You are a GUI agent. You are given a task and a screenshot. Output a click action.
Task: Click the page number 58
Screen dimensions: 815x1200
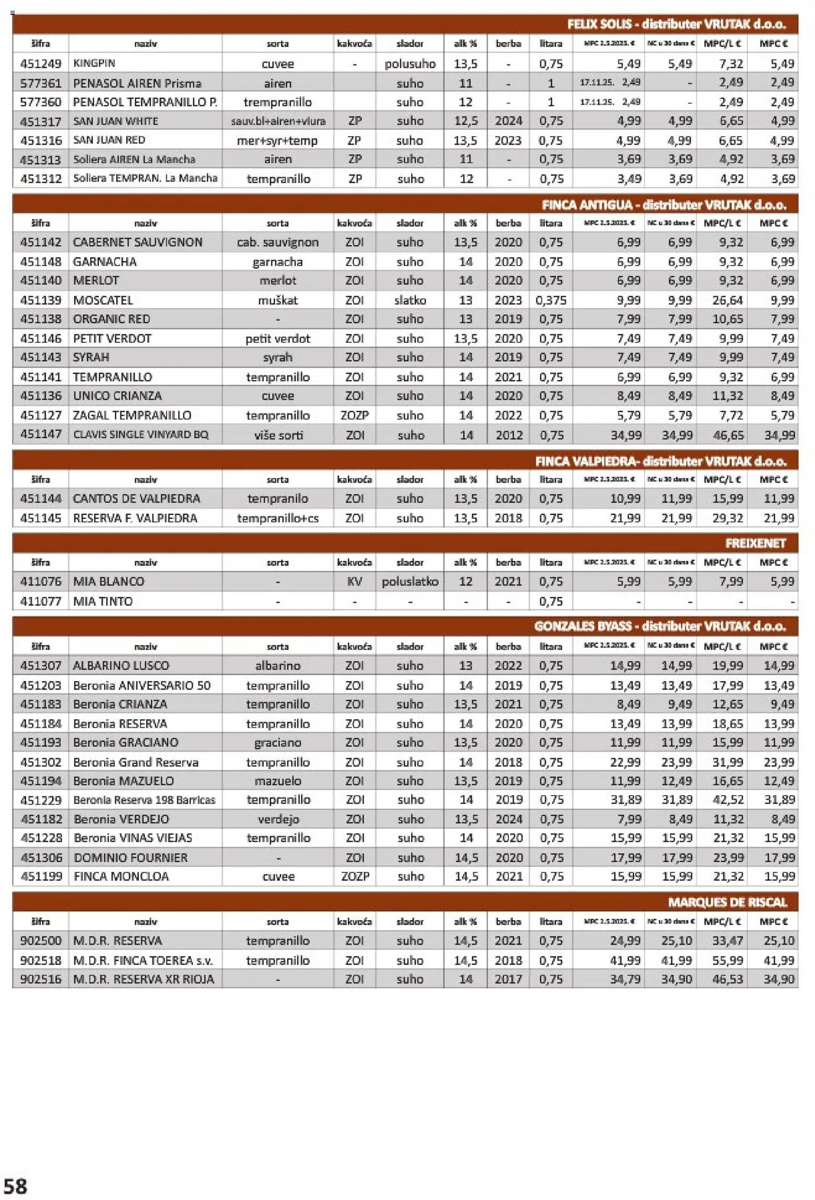click(x=15, y=1186)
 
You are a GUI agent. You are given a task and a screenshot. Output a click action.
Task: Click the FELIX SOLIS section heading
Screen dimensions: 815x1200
click(x=676, y=24)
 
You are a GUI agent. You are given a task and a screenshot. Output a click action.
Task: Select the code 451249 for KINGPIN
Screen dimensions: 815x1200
click(x=40, y=64)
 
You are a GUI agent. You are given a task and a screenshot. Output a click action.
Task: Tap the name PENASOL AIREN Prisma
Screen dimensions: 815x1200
click(x=137, y=83)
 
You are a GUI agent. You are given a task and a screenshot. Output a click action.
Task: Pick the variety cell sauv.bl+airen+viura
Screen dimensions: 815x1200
click(x=278, y=121)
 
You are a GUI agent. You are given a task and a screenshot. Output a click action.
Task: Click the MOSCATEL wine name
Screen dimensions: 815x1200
click(x=103, y=300)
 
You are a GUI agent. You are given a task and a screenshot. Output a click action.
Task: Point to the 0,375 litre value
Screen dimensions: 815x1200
click(x=551, y=300)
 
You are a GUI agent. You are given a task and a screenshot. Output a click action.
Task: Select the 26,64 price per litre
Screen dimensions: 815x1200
click(x=728, y=300)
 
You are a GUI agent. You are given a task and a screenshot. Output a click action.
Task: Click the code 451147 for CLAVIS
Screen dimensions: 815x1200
click(x=40, y=434)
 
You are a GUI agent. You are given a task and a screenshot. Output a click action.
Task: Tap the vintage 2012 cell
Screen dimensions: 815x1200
click(x=508, y=435)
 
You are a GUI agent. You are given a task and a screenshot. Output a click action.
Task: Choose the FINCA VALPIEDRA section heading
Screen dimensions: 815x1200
click(x=660, y=462)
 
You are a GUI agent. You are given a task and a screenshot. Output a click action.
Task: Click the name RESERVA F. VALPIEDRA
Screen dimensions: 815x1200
click(x=135, y=518)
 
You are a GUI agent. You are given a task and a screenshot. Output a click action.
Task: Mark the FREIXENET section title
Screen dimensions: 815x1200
click(x=755, y=543)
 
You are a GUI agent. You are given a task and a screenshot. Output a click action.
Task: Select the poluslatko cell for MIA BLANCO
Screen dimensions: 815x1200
click(x=410, y=582)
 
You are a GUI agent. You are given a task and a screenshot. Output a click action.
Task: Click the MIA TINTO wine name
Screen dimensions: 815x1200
click(x=103, y=601)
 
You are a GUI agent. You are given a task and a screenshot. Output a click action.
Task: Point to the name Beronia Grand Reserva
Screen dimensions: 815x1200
click(x=136, y=762)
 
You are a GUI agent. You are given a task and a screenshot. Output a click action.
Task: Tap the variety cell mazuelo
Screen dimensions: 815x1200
click(x=278, y=781)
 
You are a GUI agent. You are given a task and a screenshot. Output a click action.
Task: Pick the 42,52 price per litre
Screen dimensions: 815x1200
click(x=728, y=800)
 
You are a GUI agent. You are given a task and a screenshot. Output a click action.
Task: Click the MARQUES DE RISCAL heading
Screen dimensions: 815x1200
click(x=727, y=902)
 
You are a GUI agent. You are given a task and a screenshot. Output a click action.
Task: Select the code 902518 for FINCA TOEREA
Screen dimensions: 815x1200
click(x=40, y=960)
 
